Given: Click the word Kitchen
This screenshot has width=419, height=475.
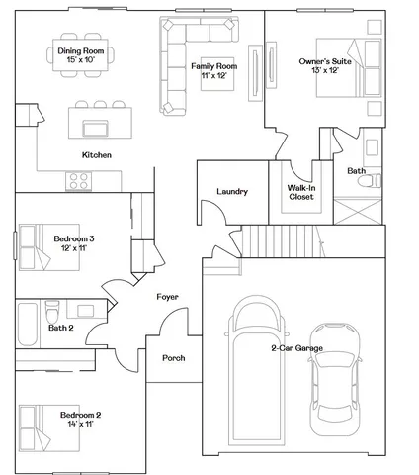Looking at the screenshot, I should point(97,155).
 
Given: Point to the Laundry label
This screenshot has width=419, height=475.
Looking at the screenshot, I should point(231,192).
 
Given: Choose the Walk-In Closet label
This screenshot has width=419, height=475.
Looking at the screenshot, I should point(301,191).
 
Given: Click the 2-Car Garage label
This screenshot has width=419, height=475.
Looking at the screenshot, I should point(295,348).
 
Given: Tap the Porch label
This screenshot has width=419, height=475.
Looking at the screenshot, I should point(174,358).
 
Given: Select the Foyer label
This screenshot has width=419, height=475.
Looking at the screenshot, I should point(167,297).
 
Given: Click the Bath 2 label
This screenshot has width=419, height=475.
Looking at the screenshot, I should point(61,328).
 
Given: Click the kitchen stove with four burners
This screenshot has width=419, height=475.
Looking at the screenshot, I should point(79,180).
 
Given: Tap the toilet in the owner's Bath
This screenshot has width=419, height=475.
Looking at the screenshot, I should point(373,149).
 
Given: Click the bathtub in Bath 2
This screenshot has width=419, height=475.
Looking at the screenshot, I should point(28,323).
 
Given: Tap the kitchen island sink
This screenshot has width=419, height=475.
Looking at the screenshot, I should point(97,127).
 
